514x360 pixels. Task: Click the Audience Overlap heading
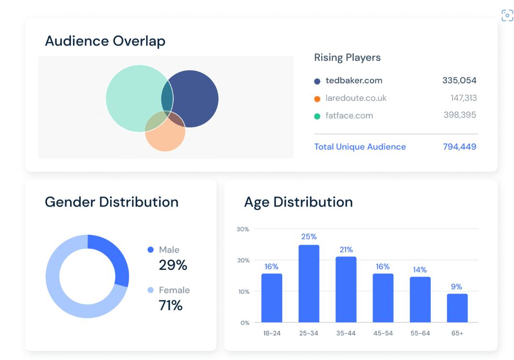pos(105,41)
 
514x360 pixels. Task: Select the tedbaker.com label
pos(354,81)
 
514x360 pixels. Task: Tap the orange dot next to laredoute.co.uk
pos(317,99)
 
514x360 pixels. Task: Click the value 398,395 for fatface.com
pos(460,115)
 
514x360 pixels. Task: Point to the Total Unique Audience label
pos(360,147)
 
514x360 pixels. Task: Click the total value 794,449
pos(459,147)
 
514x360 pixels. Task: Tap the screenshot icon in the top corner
pos(507,15)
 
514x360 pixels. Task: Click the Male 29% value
pos(173,265)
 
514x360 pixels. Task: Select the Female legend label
pos(174,290)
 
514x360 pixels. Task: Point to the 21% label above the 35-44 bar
pos(346,249)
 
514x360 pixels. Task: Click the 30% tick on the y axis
pos(242,229)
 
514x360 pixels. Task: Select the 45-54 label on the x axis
pos(383,333)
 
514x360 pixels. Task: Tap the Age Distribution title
pos(298,202)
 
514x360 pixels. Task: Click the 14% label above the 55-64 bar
pos(420,270)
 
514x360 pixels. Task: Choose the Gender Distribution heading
pos(111,202)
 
